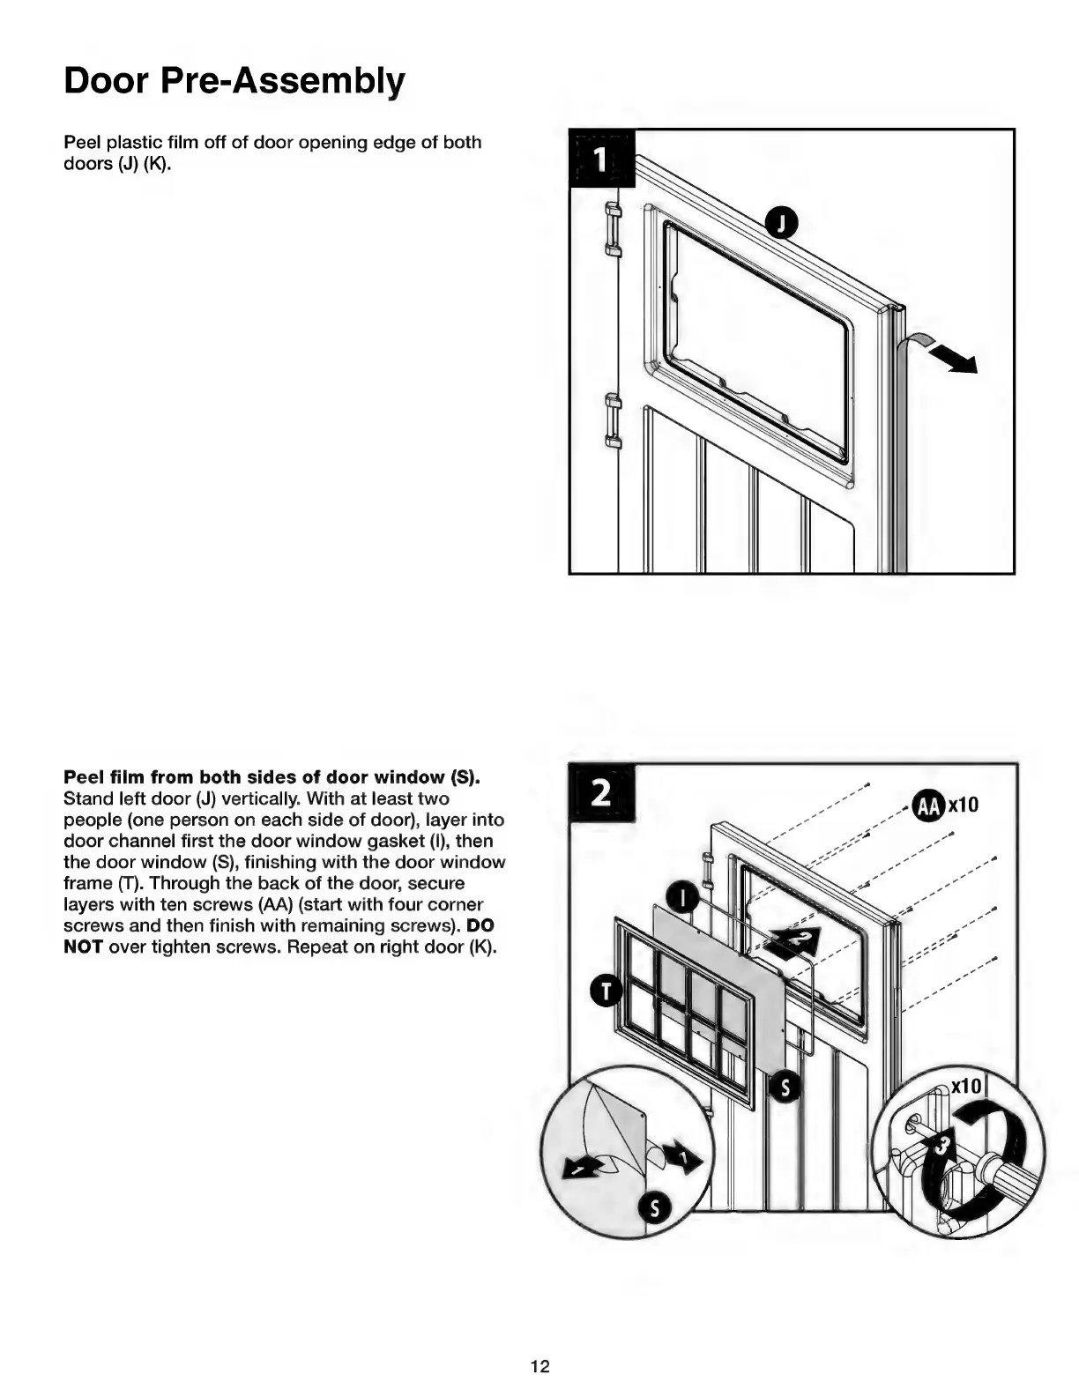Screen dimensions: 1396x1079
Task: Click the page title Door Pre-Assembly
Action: pyautogui.click(x=234, y=81)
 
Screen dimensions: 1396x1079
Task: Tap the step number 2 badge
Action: pyautogui.click(x=600, y=792)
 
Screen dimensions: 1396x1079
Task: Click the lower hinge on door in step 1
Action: pyautogui.click(x=613, y=420)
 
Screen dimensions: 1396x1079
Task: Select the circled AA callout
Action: pyautogui.click(x=928, y=804)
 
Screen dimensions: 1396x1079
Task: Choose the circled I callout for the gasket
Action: pyautogui.click(x=685, y=897)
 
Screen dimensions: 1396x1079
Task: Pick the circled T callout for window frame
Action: pyautogui.click(x=605, y=993)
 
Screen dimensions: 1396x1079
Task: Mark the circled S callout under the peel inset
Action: pyautogui.click(x=653, y=1206)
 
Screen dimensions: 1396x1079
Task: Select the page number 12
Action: pyautogui.click(x=539, y=1367)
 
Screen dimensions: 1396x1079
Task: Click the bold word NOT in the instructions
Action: pyautogui.click(x=83, y=947)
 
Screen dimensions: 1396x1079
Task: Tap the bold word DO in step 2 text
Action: pyautogui.click(x=480, y=926)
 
